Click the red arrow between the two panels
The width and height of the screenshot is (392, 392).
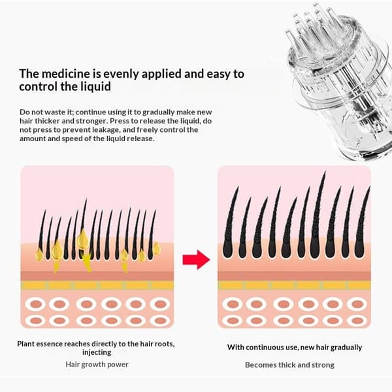click(197, 260)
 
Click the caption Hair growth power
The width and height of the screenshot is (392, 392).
click(97, 365)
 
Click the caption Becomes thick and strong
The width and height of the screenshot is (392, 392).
click(289, 365)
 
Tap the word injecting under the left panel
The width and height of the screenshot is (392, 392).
click(97, 353)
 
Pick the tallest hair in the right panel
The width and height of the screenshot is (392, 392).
click(318, 215)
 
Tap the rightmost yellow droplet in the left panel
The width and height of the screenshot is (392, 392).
click(157, 248)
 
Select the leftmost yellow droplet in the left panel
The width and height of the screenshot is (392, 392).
click(39, 254)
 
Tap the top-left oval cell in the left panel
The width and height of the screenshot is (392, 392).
click(36, 304)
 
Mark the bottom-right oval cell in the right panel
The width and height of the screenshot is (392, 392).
click(357, 321)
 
